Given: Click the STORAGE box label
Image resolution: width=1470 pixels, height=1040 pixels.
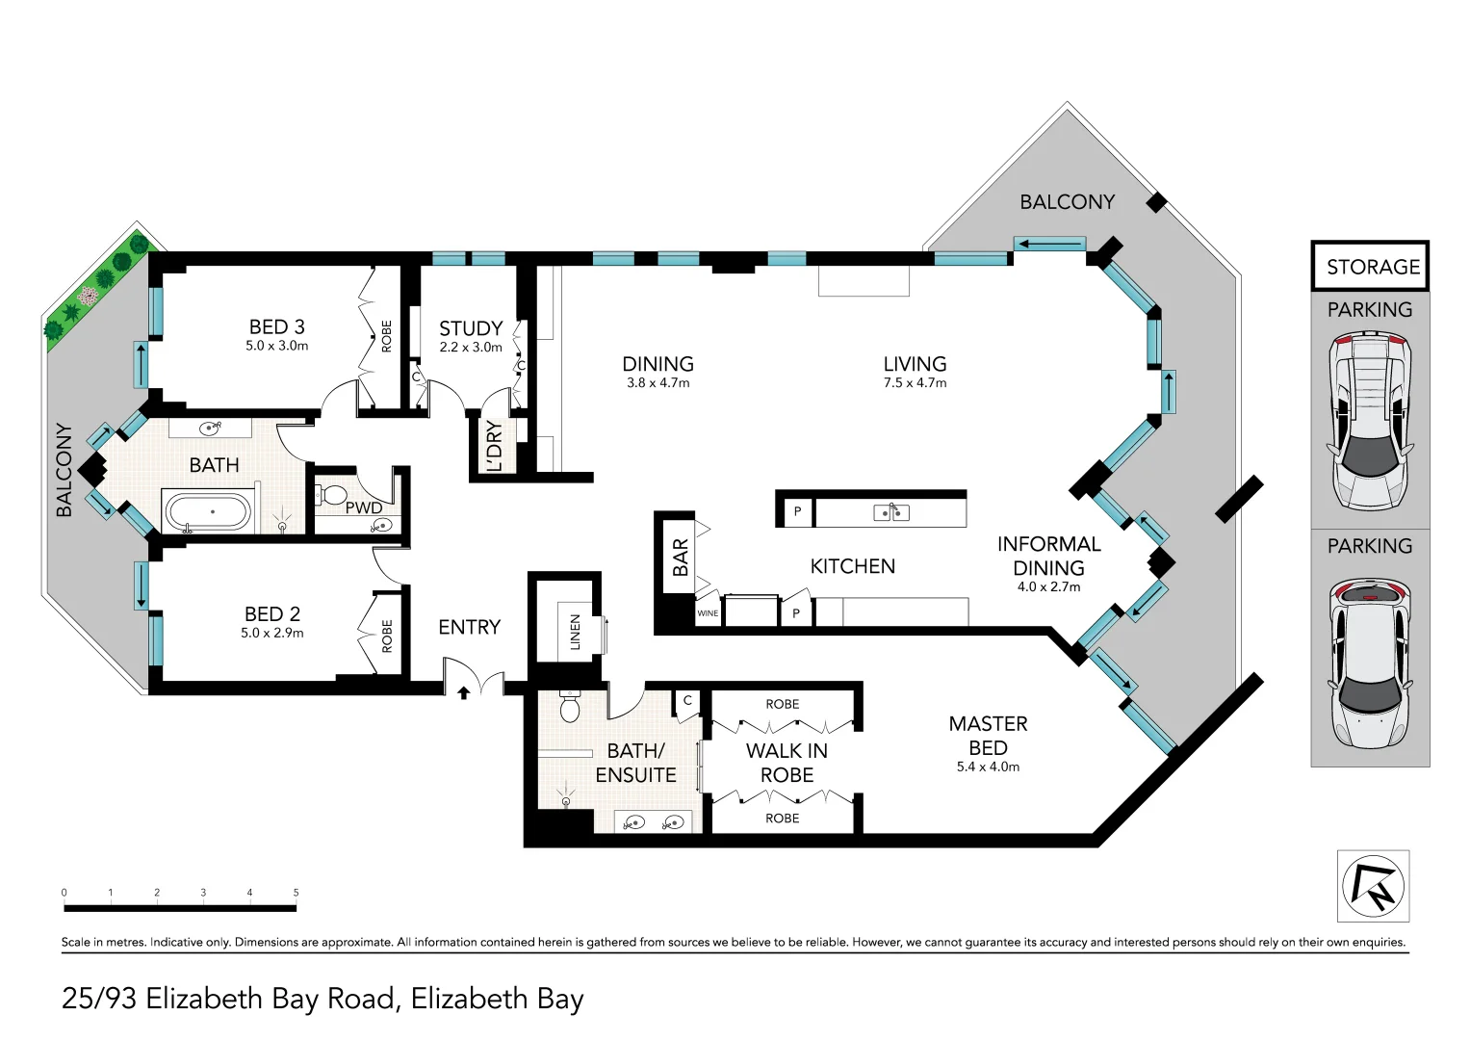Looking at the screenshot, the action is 1373,267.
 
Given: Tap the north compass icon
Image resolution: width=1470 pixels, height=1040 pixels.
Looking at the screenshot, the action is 1373,886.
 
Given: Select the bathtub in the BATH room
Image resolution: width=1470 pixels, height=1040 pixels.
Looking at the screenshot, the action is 207,512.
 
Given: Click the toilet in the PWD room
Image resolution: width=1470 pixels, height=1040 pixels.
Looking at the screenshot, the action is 332,494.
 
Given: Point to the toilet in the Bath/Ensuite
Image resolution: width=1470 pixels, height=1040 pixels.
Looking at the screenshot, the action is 570,706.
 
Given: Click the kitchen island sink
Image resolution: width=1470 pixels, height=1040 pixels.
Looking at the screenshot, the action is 890,511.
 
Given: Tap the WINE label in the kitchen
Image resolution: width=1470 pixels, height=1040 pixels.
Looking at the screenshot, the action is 708,613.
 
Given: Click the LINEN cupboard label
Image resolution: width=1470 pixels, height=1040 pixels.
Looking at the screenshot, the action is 576,632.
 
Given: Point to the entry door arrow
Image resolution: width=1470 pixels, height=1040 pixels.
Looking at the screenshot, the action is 464,692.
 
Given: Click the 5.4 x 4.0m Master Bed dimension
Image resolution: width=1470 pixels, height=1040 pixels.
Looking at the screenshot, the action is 988,767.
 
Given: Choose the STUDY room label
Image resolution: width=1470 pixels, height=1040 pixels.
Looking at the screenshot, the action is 471,328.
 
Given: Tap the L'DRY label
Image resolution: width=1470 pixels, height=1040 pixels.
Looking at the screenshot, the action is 494,447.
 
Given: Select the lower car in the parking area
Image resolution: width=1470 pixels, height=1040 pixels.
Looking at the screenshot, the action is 1370,663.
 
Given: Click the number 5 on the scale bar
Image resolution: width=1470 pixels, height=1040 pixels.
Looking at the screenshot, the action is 296,893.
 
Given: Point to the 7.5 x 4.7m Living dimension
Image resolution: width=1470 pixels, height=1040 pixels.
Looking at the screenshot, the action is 915,383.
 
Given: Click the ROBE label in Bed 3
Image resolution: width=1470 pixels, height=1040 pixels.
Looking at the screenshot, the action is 387,336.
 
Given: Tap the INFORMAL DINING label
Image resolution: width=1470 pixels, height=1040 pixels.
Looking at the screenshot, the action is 1048,557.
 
